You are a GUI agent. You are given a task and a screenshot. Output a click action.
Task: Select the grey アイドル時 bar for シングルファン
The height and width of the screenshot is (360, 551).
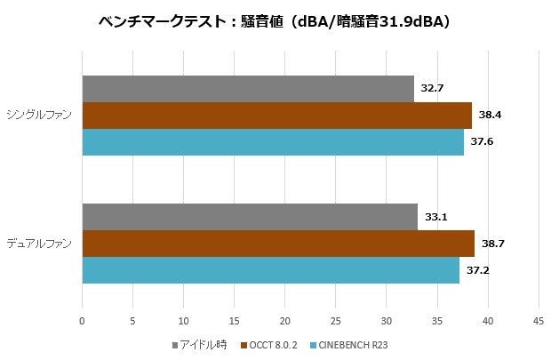(248, 89)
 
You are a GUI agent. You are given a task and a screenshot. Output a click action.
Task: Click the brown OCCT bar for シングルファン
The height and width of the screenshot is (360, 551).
(276, 116)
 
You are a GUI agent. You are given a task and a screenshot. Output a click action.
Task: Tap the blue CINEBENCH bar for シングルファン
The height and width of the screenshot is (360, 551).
(273, 142)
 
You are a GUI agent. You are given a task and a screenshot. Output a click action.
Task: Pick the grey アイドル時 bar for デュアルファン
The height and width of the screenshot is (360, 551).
(250, 217)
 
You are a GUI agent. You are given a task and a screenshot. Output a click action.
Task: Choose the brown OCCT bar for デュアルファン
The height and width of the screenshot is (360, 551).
(278, 244)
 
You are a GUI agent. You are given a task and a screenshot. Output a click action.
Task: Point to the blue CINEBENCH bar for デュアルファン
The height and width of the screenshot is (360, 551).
(271, 270)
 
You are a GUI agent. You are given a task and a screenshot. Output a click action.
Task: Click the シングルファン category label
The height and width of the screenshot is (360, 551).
(41, 116)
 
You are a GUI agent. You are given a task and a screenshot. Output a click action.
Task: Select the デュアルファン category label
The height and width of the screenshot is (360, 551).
(41, 244)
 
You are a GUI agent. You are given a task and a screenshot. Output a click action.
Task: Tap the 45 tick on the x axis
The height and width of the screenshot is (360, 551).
(538, 321)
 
